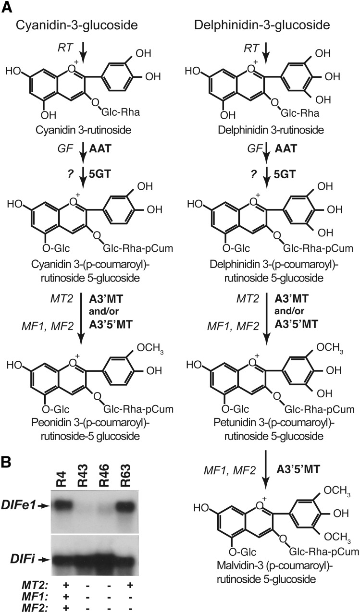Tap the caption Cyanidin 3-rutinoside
tap(70, 130)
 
